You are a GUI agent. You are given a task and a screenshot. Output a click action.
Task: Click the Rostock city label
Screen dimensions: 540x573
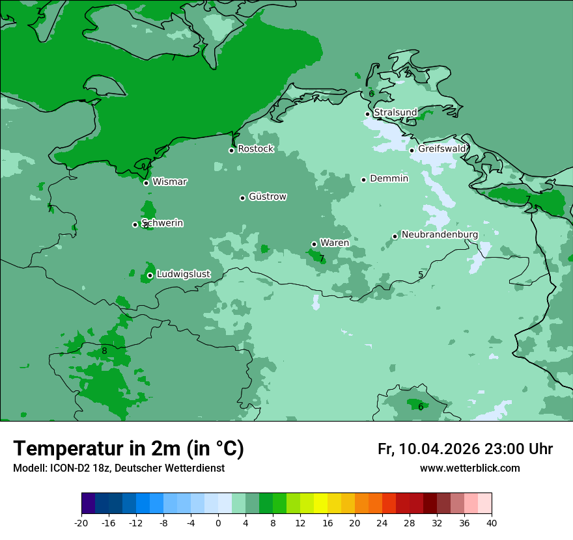(255, 149)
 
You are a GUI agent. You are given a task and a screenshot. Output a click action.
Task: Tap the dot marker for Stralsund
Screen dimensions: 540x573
(367, 114)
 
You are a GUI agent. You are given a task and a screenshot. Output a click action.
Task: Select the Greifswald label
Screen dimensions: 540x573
(442, 149)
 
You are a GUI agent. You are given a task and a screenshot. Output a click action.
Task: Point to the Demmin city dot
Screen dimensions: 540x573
(363, 180)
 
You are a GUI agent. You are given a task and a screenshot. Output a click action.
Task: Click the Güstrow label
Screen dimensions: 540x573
(267, 196)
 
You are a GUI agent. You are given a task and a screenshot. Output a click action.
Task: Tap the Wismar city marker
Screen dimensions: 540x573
(147, 183)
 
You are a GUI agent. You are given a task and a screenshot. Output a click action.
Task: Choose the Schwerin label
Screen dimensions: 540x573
(162, 223)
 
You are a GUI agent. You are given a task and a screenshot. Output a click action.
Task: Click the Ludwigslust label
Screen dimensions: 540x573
(183, 275)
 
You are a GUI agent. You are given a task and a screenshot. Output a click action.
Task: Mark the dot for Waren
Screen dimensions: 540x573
(314, 244)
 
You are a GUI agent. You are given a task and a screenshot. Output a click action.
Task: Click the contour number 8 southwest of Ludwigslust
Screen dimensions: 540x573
(104, 351)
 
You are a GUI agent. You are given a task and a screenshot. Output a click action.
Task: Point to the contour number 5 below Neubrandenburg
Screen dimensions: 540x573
(421, 275)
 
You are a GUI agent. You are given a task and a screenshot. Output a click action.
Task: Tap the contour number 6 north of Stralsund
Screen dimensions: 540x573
(371, 94)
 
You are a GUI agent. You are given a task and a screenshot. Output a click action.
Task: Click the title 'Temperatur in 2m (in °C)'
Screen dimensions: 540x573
(128, 448)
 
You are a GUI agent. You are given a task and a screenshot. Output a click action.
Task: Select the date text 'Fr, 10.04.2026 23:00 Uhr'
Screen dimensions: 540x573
(465, 449)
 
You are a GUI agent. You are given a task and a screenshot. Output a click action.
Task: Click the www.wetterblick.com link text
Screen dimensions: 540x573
(469, 468)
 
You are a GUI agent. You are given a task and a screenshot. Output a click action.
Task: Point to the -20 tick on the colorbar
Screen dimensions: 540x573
(81, 522)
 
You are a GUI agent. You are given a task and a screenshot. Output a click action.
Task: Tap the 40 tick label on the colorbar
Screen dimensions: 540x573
(492, 522)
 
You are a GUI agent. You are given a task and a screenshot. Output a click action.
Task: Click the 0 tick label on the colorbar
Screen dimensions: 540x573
(218, 522)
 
